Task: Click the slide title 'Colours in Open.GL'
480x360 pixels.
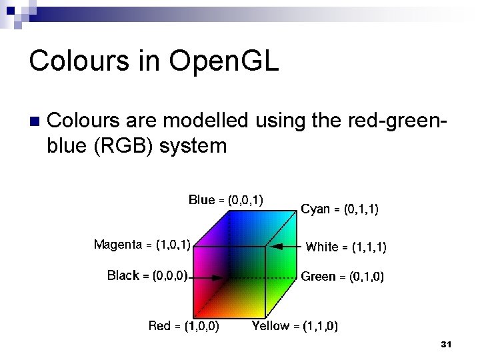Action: [x=153, y=61]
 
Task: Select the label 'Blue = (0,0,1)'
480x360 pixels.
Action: [x=225, y=199]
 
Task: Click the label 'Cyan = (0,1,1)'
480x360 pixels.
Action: [x=340, y=209]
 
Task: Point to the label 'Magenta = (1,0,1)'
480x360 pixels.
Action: [x=142, y=245]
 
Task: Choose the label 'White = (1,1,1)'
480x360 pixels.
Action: [x=345, y=247]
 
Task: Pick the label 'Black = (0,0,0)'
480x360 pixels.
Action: [x=147, y=275]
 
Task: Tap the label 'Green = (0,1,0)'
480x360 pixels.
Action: [x=342, y=276]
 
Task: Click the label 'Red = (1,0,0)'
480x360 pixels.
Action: [x=184, y=326]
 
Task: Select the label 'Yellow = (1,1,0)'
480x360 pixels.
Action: [x=295, y=326]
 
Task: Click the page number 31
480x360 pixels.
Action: [x=446, y=344]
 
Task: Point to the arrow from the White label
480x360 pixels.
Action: [x=287, y=246]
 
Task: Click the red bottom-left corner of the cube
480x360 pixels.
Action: [x=194, y=316]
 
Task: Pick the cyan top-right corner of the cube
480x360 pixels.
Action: [x=295, y=211]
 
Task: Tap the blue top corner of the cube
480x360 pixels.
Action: [x=229, y=211]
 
